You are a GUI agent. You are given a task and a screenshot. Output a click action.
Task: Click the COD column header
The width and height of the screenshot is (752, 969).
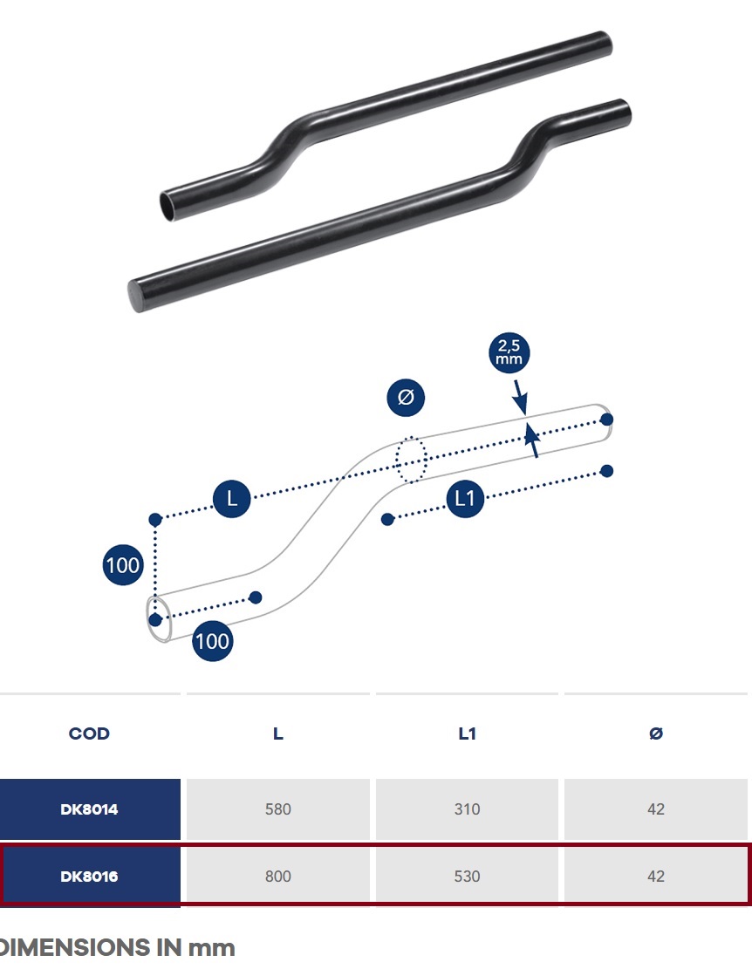(89, 734)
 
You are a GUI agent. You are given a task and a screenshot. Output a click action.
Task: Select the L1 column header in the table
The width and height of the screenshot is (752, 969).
(467, 734)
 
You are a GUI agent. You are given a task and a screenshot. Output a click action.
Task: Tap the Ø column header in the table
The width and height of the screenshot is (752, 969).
(656, 734)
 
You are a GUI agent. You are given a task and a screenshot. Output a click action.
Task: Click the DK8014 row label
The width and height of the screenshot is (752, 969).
(89, 809)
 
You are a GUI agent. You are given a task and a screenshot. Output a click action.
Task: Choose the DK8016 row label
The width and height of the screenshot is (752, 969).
(89, 877)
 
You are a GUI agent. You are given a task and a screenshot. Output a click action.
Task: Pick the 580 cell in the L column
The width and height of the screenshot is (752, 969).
(278, 809)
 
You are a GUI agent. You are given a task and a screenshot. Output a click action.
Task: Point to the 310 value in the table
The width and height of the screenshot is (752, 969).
(467, 809)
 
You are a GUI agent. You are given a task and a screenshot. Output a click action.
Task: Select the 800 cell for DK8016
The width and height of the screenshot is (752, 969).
(278, 877)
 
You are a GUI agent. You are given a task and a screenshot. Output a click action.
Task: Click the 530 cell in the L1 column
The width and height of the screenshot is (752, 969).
(467, 877)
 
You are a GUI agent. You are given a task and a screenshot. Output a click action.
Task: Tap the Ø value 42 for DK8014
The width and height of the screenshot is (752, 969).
(656, 809)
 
